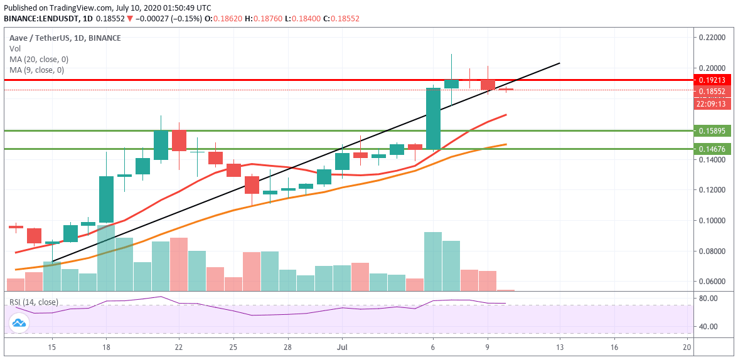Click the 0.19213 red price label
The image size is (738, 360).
pyautogui.click(x=712, y=80)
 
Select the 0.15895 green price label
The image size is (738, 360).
pyautogui.click(x=712, y=131)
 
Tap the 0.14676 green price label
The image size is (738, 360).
pyautogui.click(x=712, y=149)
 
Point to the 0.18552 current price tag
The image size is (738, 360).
pyautogui.click(x=712, y=92)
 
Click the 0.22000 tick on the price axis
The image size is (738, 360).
pyautogui.click(x=712, y=38)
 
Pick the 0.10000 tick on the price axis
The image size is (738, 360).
pyautogui.click(x=712, y=221)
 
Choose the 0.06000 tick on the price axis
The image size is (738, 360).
pyautogui.click(x=712, y=282)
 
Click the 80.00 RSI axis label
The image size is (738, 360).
pyautogui.click(x=708, y=298)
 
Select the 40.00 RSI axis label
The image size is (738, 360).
pyautogui.click(x=708, y=327)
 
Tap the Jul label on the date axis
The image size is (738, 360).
pyautogui.click(x=343, y=346)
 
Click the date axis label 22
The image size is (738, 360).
pyautogui.click(x=179, y=346)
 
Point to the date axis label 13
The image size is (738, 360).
pyautogui.click(x=559, y=346)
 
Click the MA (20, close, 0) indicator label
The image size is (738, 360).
pyautogui.click(x=39, y=60)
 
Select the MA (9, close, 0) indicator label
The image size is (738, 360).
pyautogui.click(x=36, y=70)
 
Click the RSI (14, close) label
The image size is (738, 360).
pyautogui.click(x=33, y=302)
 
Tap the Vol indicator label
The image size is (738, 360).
pyautogui.click(x=14, y=49)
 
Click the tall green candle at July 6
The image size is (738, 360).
pyautogui.click(x=433, y=119)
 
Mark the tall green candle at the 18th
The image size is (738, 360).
pyautogui.click(x=106, y=199)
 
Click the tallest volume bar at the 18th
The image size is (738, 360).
pyautogui.click(x=106, y=257)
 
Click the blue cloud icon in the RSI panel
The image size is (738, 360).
pyautogui.click(x=18, y=323)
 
